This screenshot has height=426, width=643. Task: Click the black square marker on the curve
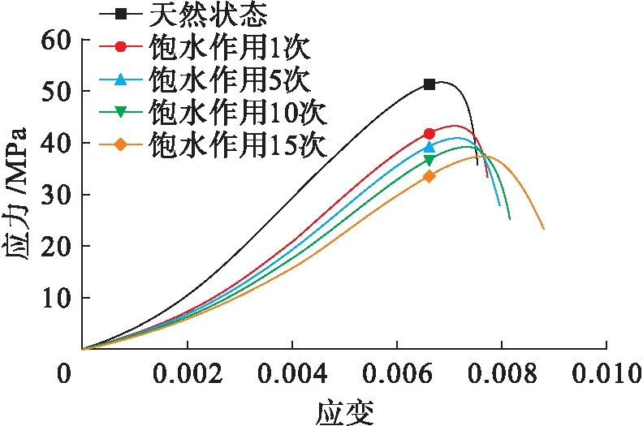point(429,84)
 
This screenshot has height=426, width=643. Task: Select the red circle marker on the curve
point(429,133)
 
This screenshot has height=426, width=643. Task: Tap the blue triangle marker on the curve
point(429,147)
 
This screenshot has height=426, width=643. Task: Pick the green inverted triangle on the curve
point(429,160)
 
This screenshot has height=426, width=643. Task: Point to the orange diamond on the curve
point(429,176)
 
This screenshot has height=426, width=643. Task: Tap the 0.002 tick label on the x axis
point(188,375)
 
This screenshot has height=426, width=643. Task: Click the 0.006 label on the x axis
point(397,375)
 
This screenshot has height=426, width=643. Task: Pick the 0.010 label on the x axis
point(606,375)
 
